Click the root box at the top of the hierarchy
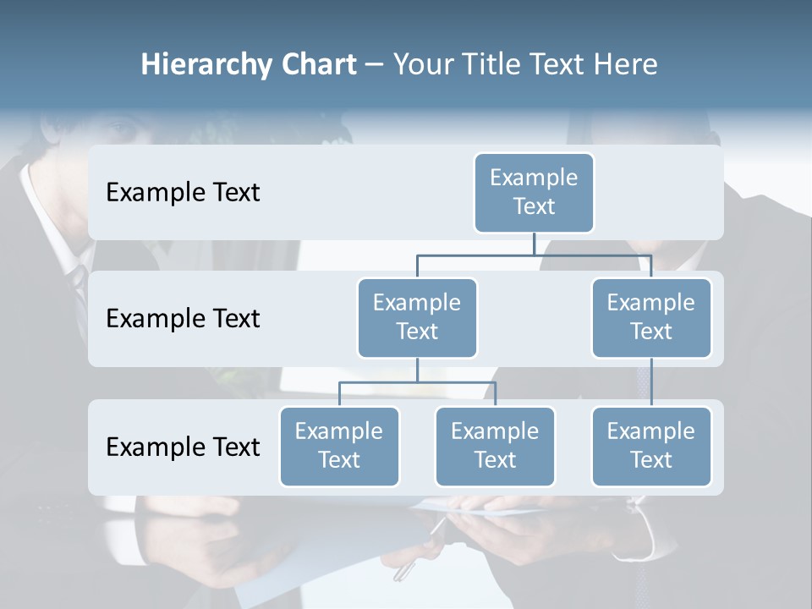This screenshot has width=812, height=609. tap(534, 192)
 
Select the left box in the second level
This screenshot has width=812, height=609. tap(417, 317)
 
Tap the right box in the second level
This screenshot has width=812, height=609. tap(651, 317)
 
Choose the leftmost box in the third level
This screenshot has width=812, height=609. tap(339, 446)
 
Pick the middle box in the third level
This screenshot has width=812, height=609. tap(495, 446)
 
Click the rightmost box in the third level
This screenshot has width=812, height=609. tap(651, 446)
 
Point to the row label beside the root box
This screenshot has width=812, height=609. tap(183, 192)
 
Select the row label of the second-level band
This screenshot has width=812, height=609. tap(183, 318)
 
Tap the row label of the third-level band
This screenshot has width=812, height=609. tap(183, 447)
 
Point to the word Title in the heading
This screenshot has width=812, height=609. tap(492, 64)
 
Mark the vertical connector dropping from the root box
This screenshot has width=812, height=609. tap(534, 244)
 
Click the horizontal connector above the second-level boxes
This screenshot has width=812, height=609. tap(534, 254)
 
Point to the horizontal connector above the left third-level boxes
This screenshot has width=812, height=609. tap(417, 382)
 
